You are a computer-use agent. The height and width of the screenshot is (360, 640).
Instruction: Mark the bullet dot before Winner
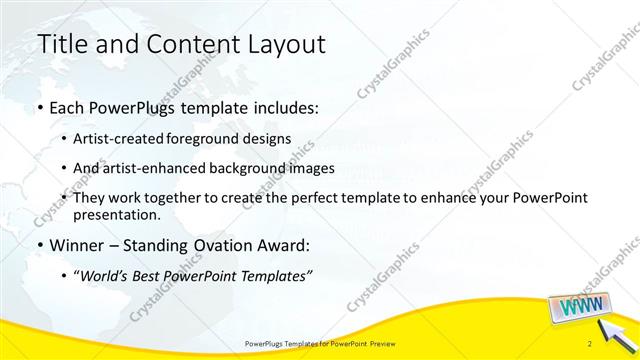coord(39,244)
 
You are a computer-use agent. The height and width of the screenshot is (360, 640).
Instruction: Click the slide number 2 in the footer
coord(591,344)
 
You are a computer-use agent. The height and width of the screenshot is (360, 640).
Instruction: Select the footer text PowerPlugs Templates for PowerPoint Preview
coord(318,344)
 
